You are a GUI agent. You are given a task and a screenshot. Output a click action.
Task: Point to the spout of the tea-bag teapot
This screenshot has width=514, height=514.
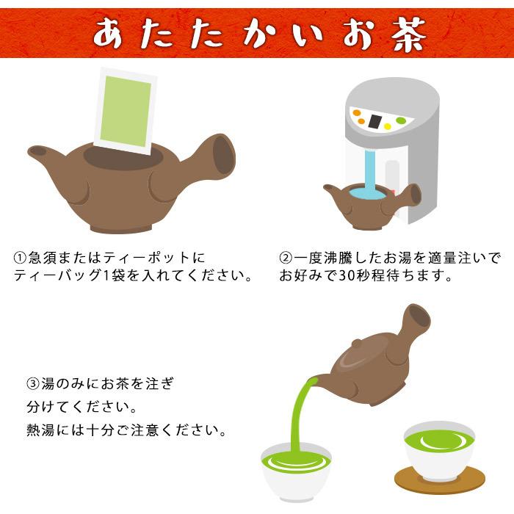40,153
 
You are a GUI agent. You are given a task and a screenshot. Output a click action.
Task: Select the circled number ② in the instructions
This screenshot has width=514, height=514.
286,258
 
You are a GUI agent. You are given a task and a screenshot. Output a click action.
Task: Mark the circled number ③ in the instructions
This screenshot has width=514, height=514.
33,383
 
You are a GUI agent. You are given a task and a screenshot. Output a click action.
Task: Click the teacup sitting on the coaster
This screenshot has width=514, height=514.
440,448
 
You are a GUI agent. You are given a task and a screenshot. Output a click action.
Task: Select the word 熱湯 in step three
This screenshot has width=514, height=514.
40,428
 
